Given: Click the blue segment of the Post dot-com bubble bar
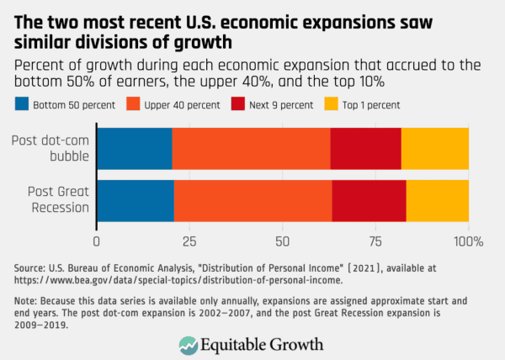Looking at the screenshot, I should tap(135, 149).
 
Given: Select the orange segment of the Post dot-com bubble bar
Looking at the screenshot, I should tap(251, 149).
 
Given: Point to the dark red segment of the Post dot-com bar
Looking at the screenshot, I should tap(365, 149).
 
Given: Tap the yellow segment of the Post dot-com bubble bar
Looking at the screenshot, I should tap(434, 149).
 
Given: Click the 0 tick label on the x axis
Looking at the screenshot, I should tap(98, 242).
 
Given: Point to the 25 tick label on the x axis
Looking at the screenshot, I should tap(190, 242).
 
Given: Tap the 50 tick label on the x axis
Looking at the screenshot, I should tap(283, 242).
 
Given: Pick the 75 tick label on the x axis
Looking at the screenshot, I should tap(375, 242).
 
